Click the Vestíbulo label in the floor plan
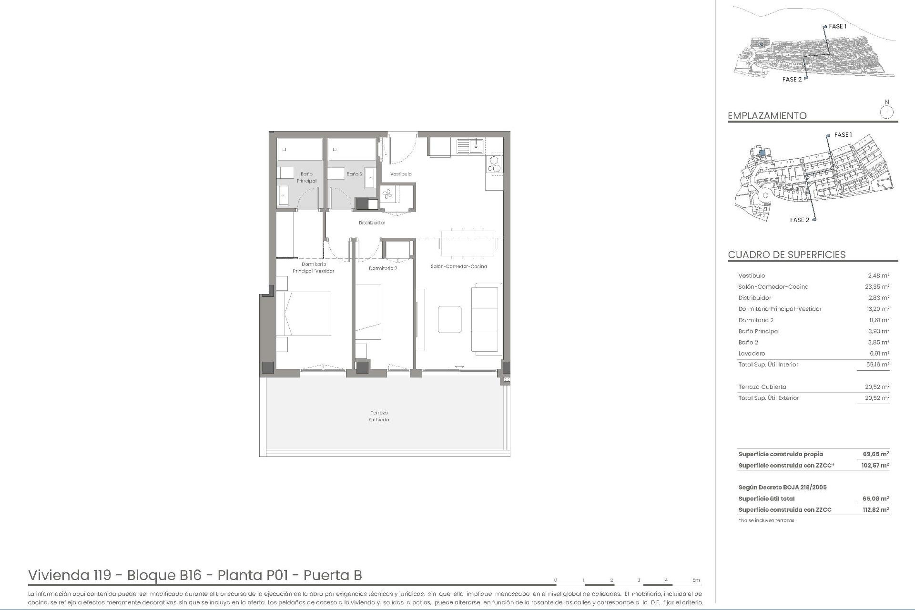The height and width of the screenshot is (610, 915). [401, 174]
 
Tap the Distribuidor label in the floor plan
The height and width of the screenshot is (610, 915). [372, 223]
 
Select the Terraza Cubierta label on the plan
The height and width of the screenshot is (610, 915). [379, 416]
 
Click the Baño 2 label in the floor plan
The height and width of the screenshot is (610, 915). [354, 174]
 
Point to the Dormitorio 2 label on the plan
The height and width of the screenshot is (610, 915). [383, 268]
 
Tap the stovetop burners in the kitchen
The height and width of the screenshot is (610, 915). [494, 164]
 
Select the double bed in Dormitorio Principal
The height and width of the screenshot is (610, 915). [304, 314]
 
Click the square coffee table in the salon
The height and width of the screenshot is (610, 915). [449, 319]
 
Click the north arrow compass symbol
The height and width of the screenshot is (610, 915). [886, 112]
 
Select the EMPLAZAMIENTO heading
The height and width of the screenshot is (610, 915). [767, 116]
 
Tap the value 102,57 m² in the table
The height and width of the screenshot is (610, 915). [874, 466]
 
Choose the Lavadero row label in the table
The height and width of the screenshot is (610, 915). [752, 354]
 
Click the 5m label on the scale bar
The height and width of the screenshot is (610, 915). [696, 580]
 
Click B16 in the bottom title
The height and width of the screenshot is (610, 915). [190, 575]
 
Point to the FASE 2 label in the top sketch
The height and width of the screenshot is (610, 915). [792, 80]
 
